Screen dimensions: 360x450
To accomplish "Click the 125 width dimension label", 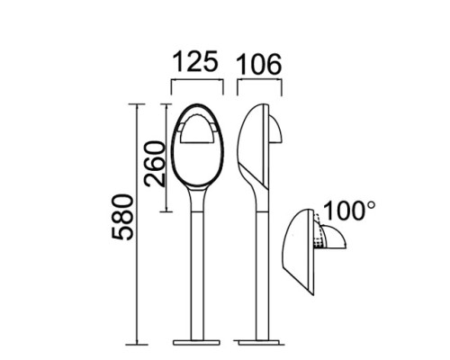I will (195, 62).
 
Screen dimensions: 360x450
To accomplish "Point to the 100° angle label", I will (349, 211).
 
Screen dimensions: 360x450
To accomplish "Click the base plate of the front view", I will (195, 342).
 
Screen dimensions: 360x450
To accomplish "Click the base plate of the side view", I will (258, 342).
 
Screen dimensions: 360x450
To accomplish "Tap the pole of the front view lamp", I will (195, 270).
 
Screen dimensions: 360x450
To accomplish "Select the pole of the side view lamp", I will (260, 270).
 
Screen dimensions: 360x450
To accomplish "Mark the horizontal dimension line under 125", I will (195, 81).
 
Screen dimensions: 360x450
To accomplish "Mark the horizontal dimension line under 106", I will (258, 81).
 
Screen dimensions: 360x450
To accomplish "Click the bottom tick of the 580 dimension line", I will (137, 344).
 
